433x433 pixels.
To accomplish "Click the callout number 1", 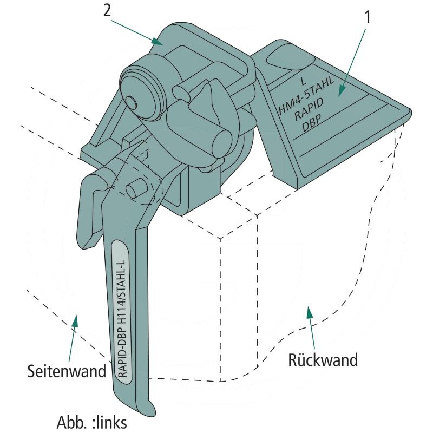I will coord(368,17).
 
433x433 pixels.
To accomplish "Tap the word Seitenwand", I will coord(67,371).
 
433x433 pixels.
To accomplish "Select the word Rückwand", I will coord(323,359).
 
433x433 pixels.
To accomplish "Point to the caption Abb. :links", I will coord(92,421).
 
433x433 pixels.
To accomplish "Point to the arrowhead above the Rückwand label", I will coord(310,313).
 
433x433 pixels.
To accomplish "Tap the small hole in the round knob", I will coord(132,102).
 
